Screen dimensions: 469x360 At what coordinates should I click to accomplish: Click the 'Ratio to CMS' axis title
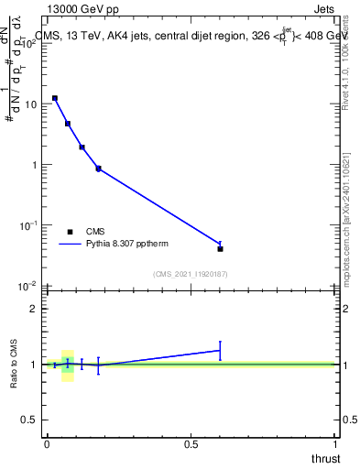click(x=14, y=364)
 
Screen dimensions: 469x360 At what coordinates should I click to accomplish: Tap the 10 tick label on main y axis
click(x=30, y=104)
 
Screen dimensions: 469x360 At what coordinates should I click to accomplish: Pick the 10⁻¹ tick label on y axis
click(x=28, y=224)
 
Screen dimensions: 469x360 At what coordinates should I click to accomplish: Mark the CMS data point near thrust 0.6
click(x=220, y=248)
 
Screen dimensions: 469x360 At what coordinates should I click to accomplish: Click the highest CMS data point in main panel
click(x=55, y=98)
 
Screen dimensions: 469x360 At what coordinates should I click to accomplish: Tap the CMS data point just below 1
click(x=98, y=169)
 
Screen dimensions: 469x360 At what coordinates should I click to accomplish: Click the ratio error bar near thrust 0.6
click(x=220, y=350)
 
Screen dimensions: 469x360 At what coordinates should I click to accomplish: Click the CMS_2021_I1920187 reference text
click(x=191, y=273)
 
